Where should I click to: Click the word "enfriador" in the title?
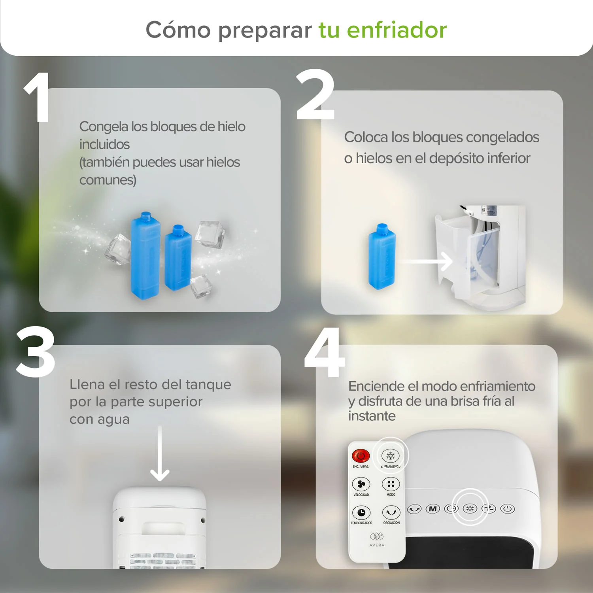397,30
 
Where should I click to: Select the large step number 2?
315,95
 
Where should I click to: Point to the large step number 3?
36,352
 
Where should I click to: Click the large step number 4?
325,353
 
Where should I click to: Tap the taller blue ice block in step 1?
145,256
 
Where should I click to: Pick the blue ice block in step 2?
381,257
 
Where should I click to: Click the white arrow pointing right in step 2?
427,261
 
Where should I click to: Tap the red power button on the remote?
361,456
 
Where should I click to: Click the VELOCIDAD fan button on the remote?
361,484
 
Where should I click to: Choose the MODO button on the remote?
391,484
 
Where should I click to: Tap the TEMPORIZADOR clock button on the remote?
361,513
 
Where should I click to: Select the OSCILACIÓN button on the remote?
391,513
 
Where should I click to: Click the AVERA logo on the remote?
377,539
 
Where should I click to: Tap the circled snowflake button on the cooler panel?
470,508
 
